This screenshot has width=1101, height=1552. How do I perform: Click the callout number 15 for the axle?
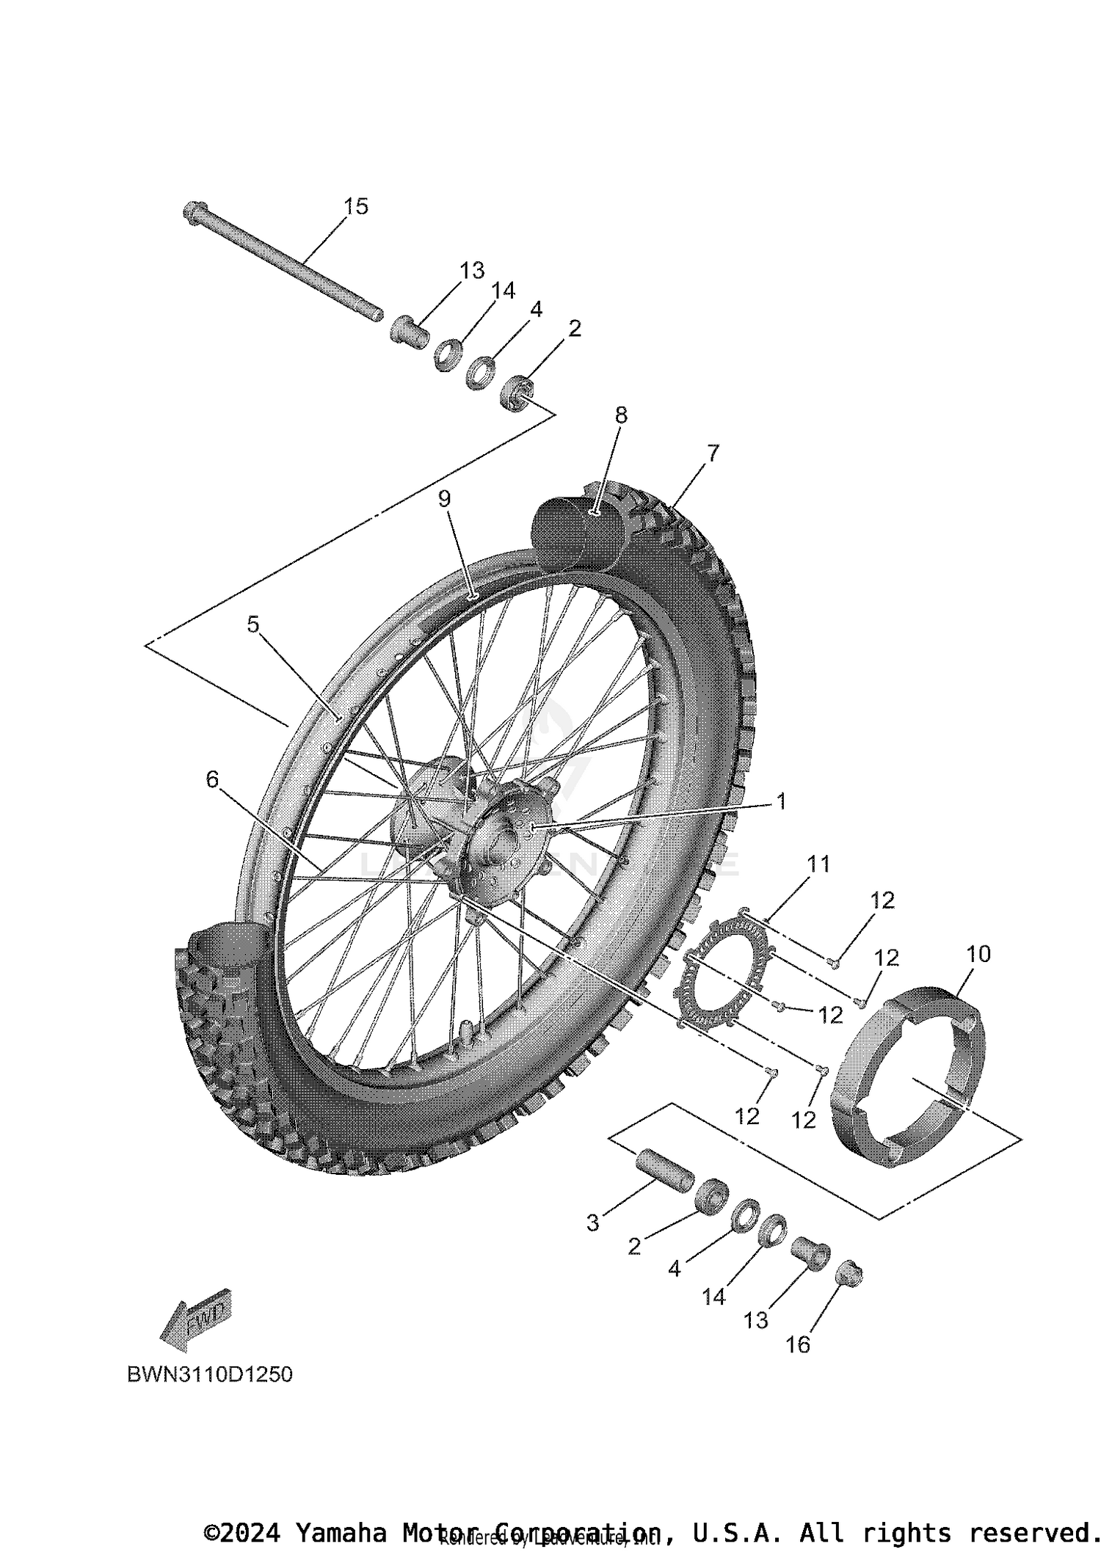pyautogui.click(x=356, y=207)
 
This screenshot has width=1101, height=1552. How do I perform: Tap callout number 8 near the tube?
pyautogui.click(x=621, y=415)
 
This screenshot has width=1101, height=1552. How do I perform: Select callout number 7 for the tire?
pyautogui.click(x=713, y=453)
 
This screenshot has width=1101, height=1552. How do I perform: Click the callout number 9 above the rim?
pyautogui.click(x=444, y=499)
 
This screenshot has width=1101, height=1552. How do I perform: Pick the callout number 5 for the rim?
pyautogui.click(x=253, y=624)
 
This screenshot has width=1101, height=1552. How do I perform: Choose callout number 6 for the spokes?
pyautogui.click(x=212, y=779)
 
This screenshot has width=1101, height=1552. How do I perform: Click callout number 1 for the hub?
pyautogui.click(x=782, y=801)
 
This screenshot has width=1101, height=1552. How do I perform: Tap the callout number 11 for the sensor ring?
pyautogui.click(x=818, y=864)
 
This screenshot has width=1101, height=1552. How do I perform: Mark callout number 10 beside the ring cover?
pyautogui.click(x=978, y=954)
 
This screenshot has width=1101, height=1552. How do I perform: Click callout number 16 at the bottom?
pyautogui.click(x=798, y=1344)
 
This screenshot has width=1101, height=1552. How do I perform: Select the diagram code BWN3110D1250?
pyautogui.click(x=210, y=1374)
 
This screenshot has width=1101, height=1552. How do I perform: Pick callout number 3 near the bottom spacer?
pyautogui.click(x=593, y=1223)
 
